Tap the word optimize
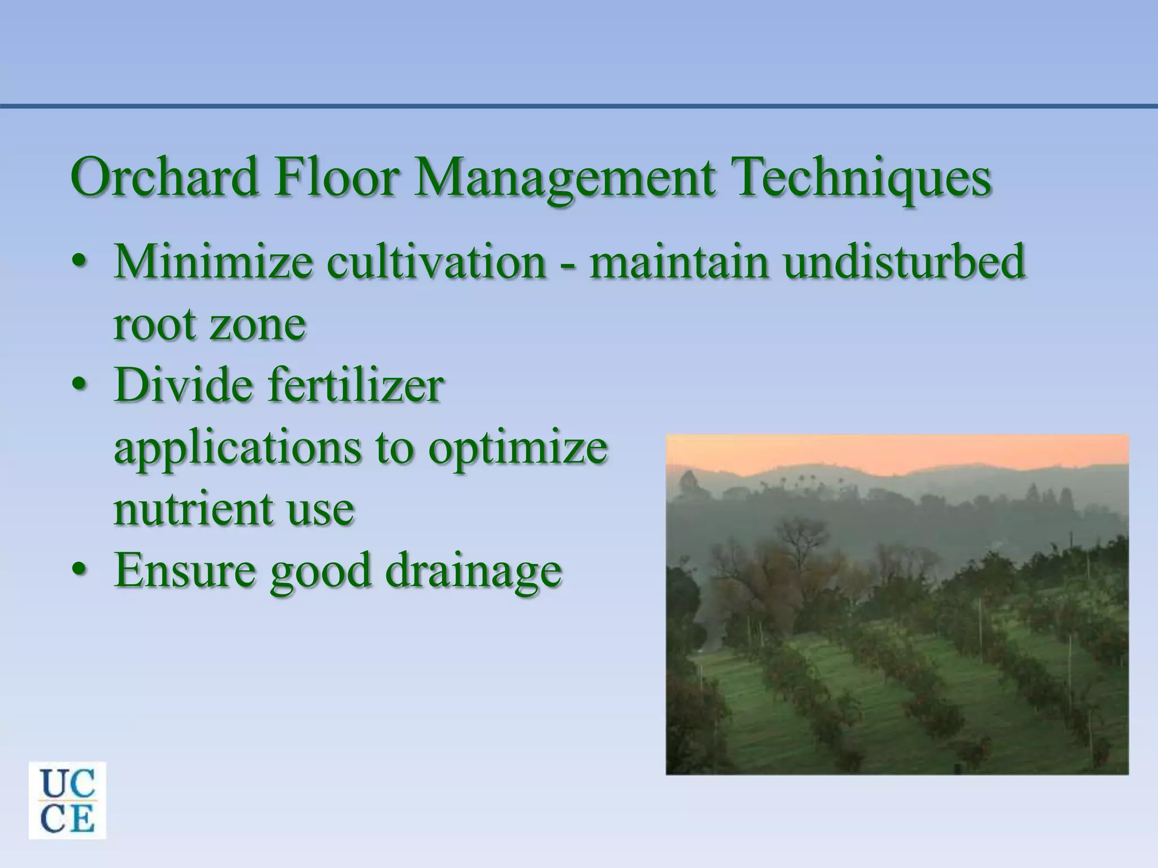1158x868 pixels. click(517, 450)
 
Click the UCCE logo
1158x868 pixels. click(67, 800)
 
